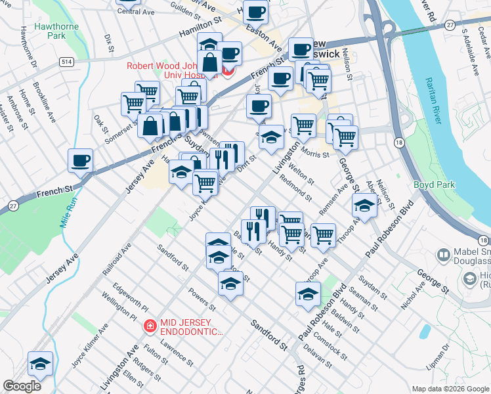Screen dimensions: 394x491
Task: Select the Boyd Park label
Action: click(434, 185)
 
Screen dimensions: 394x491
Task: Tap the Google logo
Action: click(22, 386)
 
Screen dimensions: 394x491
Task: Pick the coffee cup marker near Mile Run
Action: click(80, 160)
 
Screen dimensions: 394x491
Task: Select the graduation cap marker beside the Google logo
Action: click(40, 364)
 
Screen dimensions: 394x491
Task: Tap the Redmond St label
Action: click(295, 186)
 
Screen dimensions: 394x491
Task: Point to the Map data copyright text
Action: click(449, 388)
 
